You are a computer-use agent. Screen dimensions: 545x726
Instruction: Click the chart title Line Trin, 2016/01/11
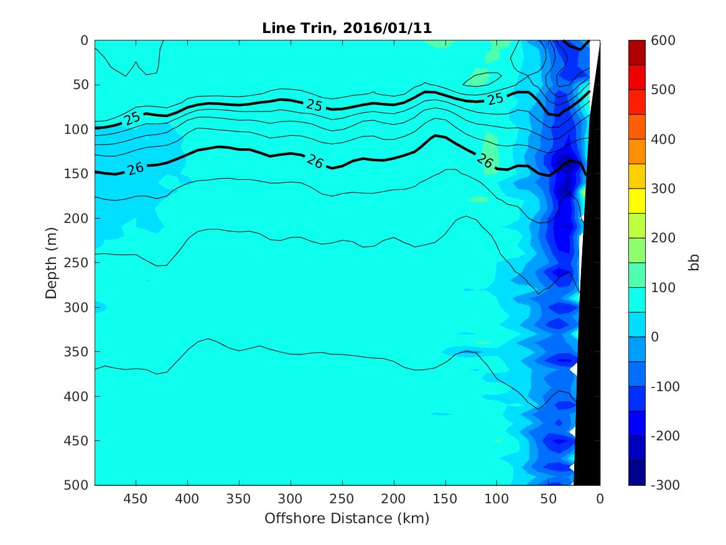347,28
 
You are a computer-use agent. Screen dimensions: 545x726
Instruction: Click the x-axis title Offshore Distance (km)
347,518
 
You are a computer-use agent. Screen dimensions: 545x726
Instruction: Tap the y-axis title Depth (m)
51,262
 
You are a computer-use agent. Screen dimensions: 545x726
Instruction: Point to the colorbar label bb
695,262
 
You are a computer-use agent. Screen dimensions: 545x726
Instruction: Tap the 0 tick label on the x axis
600,500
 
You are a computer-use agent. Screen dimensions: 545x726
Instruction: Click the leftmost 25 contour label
132,118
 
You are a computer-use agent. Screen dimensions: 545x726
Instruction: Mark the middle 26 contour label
315,162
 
